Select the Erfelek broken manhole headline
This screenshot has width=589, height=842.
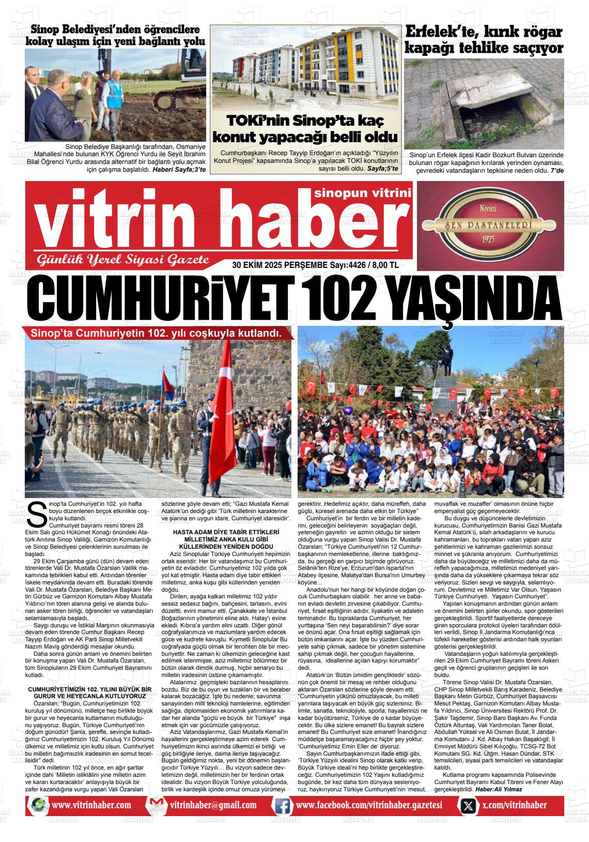[483, 40]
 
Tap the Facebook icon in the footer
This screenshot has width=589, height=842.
[282, 805]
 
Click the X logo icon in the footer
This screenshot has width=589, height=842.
[468, 805]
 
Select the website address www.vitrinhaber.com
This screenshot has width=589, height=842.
[91, 805]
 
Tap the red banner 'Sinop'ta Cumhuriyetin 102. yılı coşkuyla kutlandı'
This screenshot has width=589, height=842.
[156, 333]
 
